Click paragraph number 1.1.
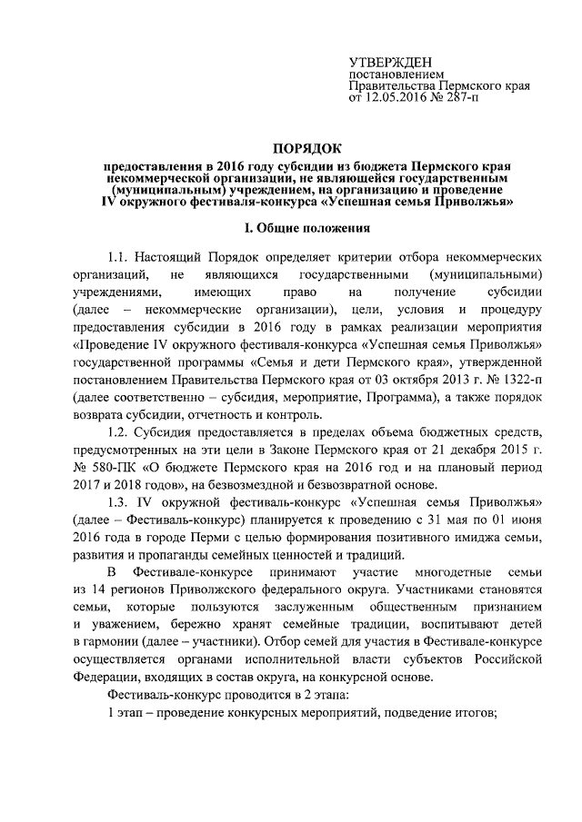click(121, 256)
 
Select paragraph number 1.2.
click(121, 430)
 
